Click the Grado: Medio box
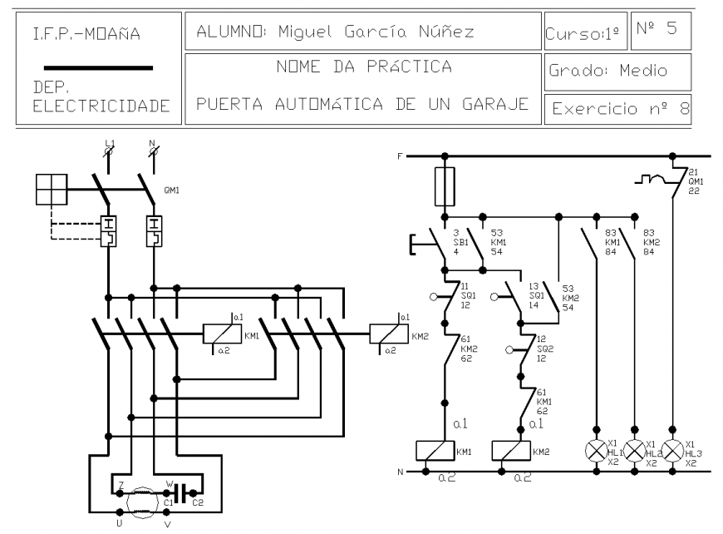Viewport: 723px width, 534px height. pos(619,71)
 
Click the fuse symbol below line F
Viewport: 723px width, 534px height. pos(445,185)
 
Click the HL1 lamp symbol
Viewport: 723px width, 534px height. pos(597,451)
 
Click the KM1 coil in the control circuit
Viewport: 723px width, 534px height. pos(433,452)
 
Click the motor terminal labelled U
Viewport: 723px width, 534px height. pos(119,516)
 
